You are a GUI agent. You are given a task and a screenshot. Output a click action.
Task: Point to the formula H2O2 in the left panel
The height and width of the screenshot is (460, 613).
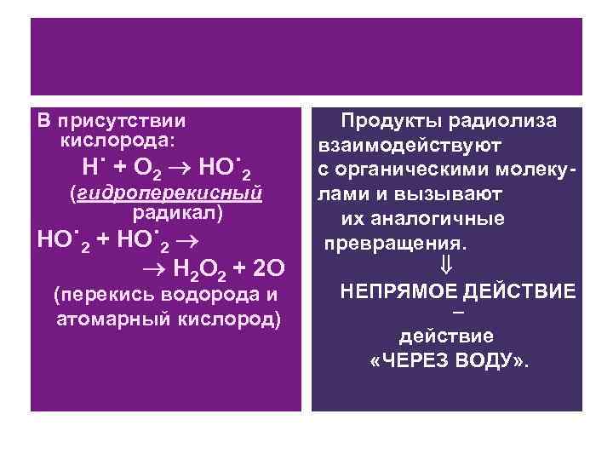pyautogui.click(x=200, y=270)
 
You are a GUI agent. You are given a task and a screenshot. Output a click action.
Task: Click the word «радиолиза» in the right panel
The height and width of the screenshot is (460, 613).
pyautogui.click(x=502, y=120)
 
